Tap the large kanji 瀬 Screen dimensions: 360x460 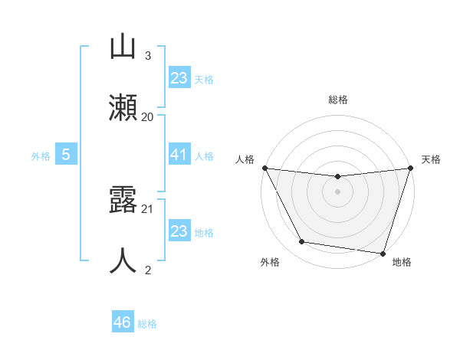tap(123, 106)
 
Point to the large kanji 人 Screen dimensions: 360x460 tap(123, 260)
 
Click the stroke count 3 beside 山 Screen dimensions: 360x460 tap(148, 56)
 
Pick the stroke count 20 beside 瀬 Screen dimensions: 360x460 tap(148, 116)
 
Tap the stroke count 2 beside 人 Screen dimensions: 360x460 tap(148, 270)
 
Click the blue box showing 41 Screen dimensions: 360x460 tap(179, 155)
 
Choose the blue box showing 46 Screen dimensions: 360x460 tap(123, 322)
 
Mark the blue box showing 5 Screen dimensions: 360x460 tap(66, 155)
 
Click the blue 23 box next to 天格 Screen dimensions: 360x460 tap(179, 78)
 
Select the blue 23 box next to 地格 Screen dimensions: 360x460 tap(179, 231)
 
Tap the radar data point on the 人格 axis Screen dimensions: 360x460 tap(265, 168)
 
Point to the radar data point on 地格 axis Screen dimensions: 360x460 tap(383, 253)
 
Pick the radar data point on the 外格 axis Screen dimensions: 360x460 tap(301, 242)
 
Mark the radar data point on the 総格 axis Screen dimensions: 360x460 tap(337, 177)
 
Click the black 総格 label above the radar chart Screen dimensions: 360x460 tap(337, 100)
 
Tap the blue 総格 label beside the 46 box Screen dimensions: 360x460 tap(147, 324)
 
